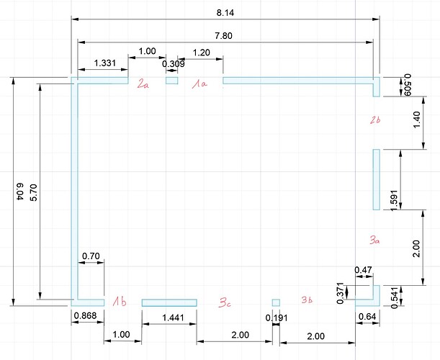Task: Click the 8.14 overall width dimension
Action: click(x=225, y=13)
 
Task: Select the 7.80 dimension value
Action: click(x=224, y=36)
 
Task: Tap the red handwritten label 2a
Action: click(x=143, y=84)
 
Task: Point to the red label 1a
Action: click(x=199, y=84)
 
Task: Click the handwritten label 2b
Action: click(x=375, y=120)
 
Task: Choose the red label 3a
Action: click(x=374, y=240)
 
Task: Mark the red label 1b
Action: click(x=120, y=302)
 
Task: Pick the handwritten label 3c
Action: click(x=225, y=302)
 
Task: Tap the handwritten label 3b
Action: click(x=307, y=300)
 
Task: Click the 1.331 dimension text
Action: click(x=104, y=63)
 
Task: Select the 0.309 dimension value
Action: click(x=174, y=64)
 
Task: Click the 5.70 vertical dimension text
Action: click(x=33, y=192)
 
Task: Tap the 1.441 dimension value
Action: click(x=173, y=318)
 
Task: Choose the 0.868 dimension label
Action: click(x=85, y=315)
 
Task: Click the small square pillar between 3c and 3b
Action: click(x=276, y=302)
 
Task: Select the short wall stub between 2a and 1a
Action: click(x=171, y=81)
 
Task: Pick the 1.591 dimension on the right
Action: click(x=394, y=199)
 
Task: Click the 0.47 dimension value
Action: click(x=363, y=270)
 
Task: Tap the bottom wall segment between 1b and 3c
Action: click(x=169, y=302)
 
